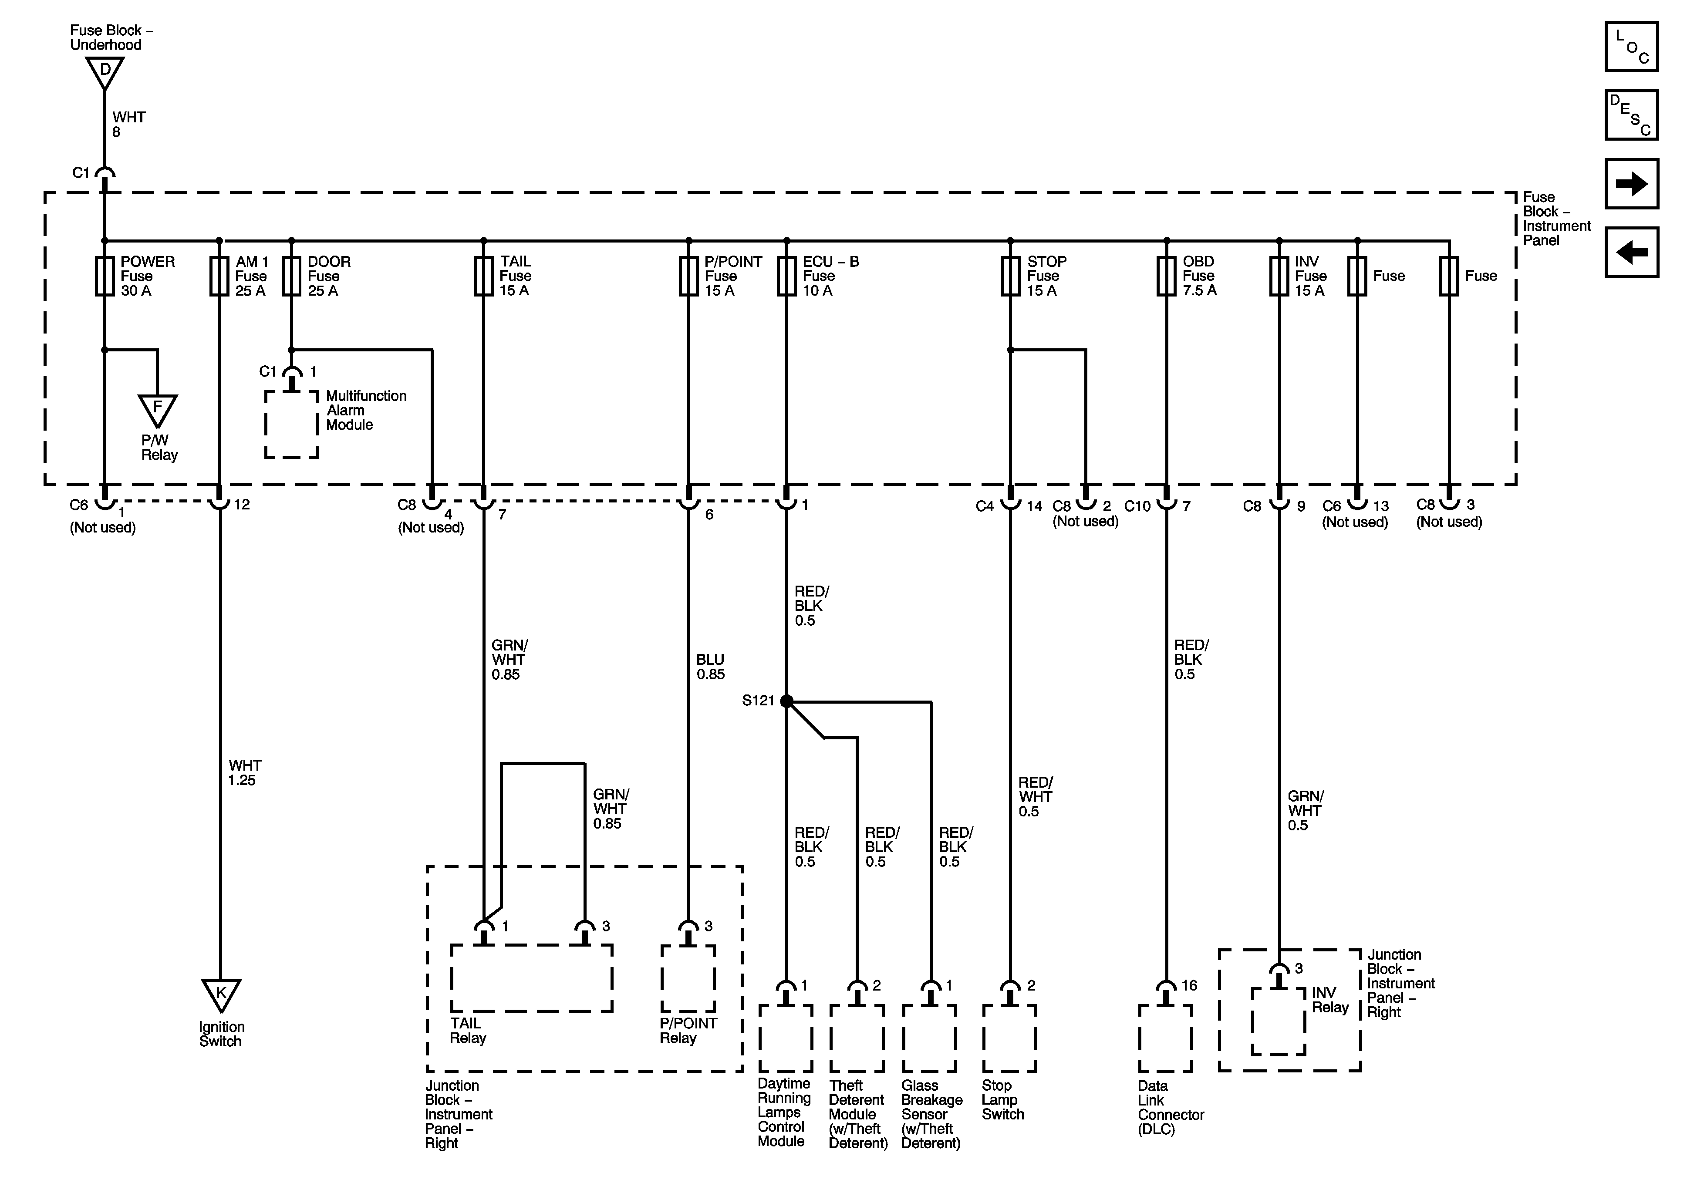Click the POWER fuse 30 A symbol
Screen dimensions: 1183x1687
click(x=105, y=276)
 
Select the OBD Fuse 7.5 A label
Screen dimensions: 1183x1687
click(x=1199, y=276)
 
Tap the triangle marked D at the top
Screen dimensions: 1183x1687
click(x=105, y=71)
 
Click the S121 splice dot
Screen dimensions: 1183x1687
click(x=786, y=701)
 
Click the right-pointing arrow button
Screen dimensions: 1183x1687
click(x=1631, y=184)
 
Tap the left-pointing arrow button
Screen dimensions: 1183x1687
click(x=1631, y=252)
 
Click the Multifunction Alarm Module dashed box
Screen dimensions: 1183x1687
click(x=292, y=425)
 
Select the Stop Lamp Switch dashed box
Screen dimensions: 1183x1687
click(x=1009, y=1038)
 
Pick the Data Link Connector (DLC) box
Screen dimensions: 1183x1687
click(x=1165, y=1038)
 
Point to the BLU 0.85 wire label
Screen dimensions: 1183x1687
click(x=711, y=667)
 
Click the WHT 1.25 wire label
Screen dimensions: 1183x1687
click(x=243, y=773)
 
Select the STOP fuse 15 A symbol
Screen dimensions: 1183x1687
click(x=1010, y=276)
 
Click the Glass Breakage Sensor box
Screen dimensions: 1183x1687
click(x=929, y=1038)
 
